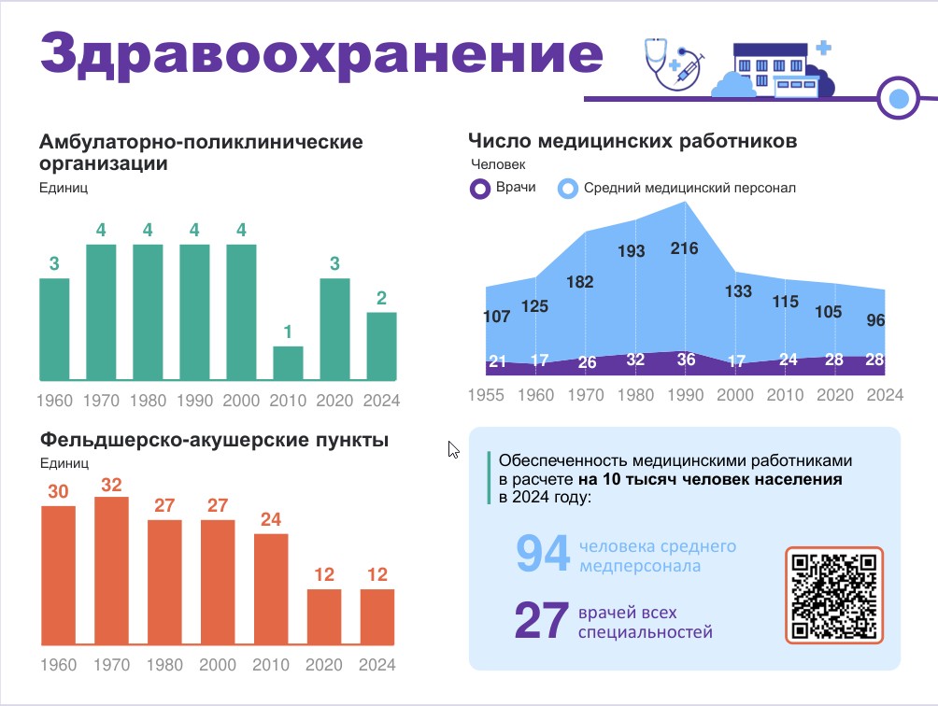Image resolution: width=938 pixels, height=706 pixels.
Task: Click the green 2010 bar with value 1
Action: [288, 363]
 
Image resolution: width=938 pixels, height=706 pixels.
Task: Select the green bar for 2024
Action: [381, 346]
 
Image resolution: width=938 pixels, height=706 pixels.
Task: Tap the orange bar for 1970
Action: [112, 570]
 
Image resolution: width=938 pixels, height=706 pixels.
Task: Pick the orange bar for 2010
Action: [271, 588]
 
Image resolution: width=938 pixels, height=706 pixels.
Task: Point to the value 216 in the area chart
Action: [685, 248]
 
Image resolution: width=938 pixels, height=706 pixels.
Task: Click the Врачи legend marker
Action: [480, 190]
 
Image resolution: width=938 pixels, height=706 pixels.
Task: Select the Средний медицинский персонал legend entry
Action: [689, 189]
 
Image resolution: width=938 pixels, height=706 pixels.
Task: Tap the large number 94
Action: [542, 555]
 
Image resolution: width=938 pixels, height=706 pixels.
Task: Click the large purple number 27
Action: [541, 622]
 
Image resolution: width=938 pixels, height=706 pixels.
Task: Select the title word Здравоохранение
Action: [320, 53]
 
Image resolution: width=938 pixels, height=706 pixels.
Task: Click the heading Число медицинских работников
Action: [632, 142]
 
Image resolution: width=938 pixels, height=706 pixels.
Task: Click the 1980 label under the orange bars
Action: [164, 666]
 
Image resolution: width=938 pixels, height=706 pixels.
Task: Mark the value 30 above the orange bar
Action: [58, 491]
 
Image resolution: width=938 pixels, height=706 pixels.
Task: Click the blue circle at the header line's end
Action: [899, 97]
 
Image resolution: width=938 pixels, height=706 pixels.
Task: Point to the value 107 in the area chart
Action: [497, 317]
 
